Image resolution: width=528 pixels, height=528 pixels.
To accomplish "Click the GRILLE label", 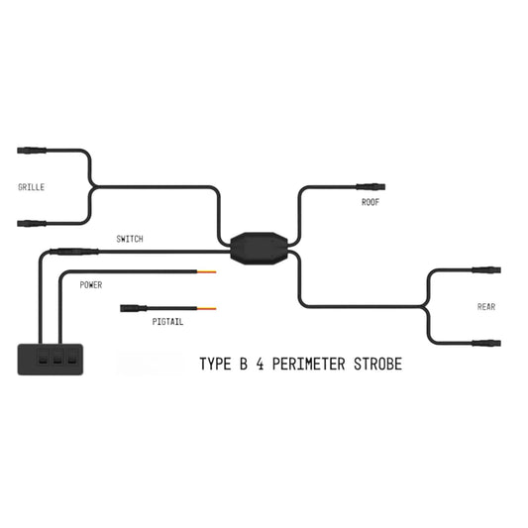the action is pos(32,187).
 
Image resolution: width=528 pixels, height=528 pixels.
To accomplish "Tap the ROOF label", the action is pos(370,202).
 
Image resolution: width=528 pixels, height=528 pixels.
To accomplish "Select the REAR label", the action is pos(486,307).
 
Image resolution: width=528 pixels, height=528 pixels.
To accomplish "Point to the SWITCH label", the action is pos(130,239).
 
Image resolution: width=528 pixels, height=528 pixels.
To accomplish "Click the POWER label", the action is pos(91,285).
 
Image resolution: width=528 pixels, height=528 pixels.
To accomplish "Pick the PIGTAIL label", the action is pos(167,322).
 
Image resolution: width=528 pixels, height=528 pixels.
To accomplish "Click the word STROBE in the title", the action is pos(377,364).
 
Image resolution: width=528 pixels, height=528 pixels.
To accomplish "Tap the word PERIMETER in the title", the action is pos(309,364).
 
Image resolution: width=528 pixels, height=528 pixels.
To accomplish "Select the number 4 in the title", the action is pos(260,364).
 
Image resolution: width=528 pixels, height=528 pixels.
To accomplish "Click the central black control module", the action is pos(259,249).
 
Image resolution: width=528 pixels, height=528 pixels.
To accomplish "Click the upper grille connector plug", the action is pos(32,151).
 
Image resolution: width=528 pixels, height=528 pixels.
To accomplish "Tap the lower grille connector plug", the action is pos(32,224).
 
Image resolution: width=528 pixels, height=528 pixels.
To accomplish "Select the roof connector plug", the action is pos(370,186).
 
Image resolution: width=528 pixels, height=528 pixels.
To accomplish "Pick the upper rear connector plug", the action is pos(486,270).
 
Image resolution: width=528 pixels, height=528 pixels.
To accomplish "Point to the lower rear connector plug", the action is pos(486,343).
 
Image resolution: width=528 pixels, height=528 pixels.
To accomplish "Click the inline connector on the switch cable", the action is pos(74,252).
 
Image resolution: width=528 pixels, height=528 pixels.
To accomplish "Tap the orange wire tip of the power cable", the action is pos(206,271).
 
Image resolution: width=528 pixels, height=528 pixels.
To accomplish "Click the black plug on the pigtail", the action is pos(134,308).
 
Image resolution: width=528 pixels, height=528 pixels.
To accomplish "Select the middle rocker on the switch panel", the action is pos(57,358).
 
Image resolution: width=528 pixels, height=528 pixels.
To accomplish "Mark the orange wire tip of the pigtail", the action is pos(206,308).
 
